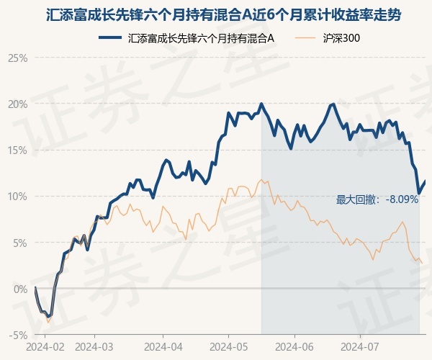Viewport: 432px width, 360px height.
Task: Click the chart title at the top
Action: (x=223, y=15)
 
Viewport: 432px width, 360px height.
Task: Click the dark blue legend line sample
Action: (x=110, y=37)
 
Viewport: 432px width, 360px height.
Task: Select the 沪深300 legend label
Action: (x=341, y=38)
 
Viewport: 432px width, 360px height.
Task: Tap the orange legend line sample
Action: (x=305, y=37)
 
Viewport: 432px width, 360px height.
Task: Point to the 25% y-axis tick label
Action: (x=18, y=58)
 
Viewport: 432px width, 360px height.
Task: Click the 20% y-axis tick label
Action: (x=18, y=104)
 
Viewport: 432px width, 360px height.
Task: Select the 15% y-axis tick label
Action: (x=18, y=150)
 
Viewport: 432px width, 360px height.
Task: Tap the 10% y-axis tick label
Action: (x=18, y=197)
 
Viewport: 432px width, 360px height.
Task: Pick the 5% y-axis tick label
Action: (x=21, y=243)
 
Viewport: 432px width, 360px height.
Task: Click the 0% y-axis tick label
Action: (x=21, y=289)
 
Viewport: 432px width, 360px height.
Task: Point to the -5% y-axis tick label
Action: (x=19, y=336)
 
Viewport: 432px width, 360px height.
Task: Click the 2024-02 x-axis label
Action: (x=45, y=347)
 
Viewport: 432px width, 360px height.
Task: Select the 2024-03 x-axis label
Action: (x=94, y=347)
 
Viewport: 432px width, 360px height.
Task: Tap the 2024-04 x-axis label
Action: (x=163, y=347)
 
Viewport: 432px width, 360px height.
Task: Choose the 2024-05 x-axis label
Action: (x=229, y=347)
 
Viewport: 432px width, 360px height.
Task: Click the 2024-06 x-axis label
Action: (x=294, y=347)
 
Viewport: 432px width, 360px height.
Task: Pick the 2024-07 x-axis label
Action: (x=360, y=347)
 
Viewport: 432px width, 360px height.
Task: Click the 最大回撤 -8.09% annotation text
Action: (x=377, y=199)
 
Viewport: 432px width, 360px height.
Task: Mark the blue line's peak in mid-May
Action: (x=261, y=104)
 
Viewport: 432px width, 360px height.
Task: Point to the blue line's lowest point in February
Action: (x=49, y=317)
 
